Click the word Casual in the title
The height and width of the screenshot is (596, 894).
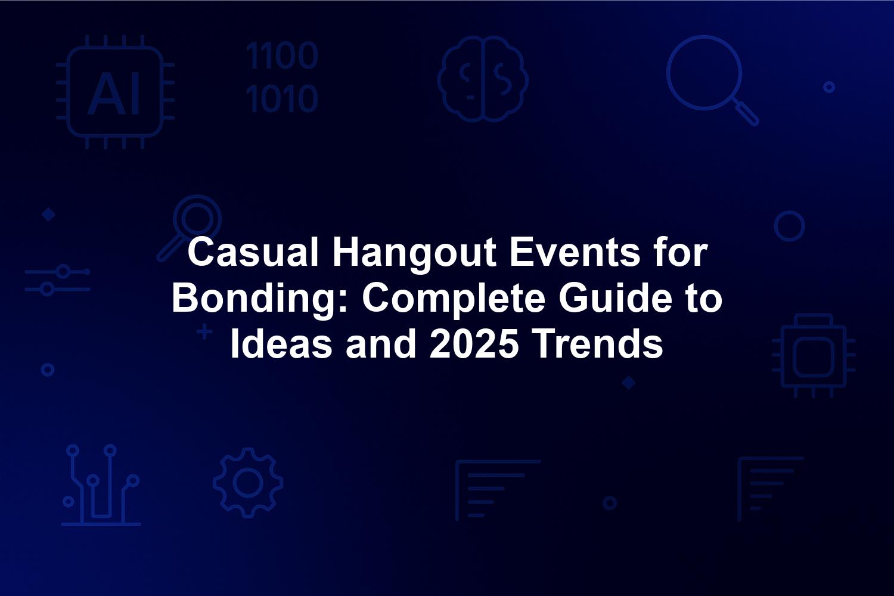click(x=253, y=253)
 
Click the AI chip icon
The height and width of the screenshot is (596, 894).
click(x=116, y=92)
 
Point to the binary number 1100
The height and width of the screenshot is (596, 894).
click(x=282, y=55)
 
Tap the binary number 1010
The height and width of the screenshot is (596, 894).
click(x=282, y=98)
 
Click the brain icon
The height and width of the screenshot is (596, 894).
click(x=483, y=79)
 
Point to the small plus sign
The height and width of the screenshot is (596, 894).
click(x=205, y=332)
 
